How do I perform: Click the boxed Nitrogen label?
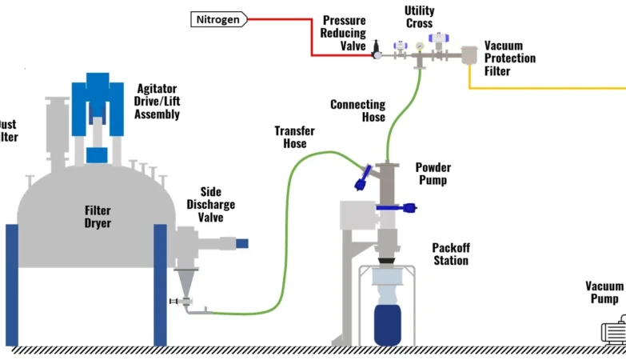click(218, 18)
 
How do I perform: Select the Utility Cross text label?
click(420, 16)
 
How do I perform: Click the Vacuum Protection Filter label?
click(509, 58)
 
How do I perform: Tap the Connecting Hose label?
click(357, 110)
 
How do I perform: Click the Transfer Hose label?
click(294, 137)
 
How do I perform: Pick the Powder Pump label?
click(433, 174)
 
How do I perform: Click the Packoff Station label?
click(450, 254)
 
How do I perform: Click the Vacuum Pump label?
click(604, 292)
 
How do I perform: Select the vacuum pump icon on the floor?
click(614, 330)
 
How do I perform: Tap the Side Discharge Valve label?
click(211, 205)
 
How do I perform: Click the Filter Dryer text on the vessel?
click(98, 217)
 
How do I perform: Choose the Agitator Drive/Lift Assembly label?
click(157, 102)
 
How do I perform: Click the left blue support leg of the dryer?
click(12, 284)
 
